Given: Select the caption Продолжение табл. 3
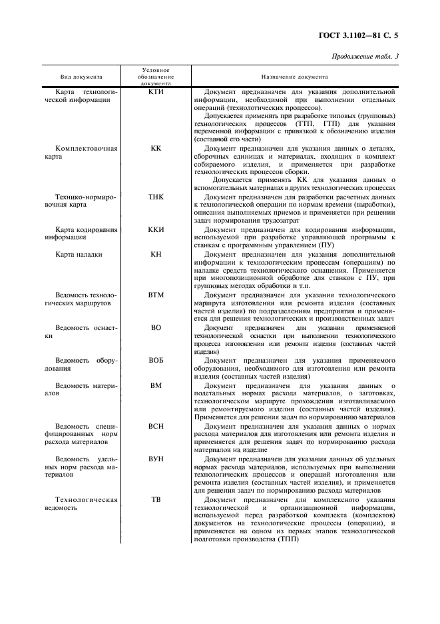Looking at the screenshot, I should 365,56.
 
